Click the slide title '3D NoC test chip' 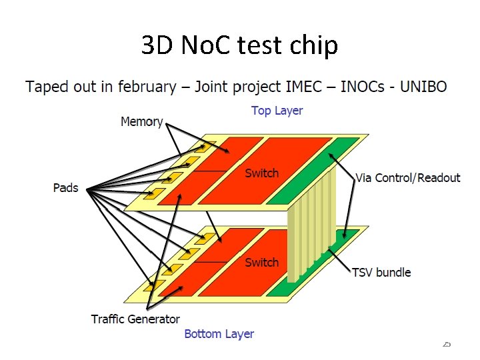tap(239, 45)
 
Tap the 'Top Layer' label tap(277, 111)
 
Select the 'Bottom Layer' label tap(219, 333)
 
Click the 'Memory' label tap(141, 121)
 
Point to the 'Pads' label tap(65, 188)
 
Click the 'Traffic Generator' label tap(135, 319)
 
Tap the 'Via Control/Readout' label tap(408, 177)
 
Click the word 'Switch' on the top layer tap(261, 173)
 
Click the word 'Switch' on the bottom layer tap(261, 263)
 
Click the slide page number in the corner tap(447, 343)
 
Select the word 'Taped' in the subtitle tap(45, 87)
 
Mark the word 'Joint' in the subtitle tap(207, 87)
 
